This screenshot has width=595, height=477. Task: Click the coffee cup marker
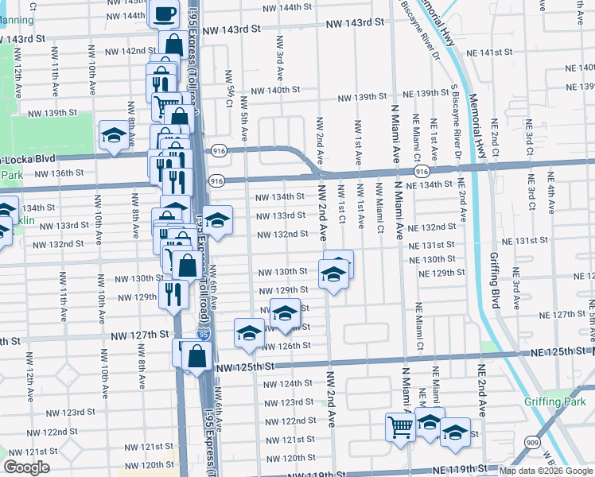165,14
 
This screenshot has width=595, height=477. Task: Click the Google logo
26,467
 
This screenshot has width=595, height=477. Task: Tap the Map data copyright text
546,471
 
